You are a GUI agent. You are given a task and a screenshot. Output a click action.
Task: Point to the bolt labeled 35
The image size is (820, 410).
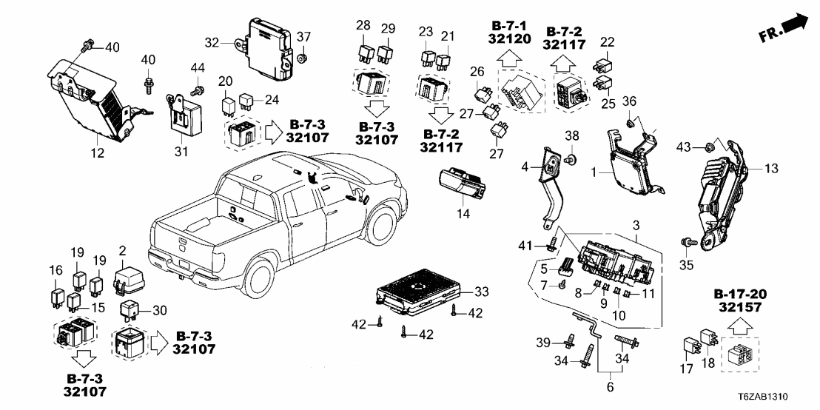[x=687, y=241]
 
